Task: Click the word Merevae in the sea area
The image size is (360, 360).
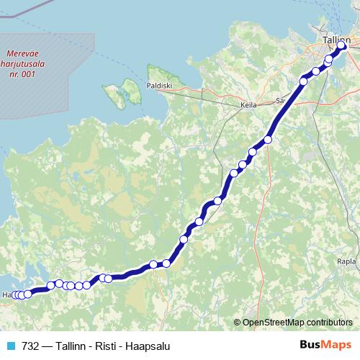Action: coord(25,53)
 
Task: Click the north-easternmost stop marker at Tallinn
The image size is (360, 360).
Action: coord(342,47)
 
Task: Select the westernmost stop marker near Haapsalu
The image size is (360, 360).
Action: coord(15,294)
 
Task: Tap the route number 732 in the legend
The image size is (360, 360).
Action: coord(30,346)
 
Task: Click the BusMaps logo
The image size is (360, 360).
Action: coord(325,345)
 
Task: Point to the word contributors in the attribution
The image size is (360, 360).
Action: coord(330,322)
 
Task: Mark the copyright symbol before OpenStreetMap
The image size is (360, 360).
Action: coord(238,322)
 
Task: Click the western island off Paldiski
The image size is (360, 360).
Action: coord(114,94)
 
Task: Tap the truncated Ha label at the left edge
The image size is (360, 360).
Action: coord(6,295)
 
